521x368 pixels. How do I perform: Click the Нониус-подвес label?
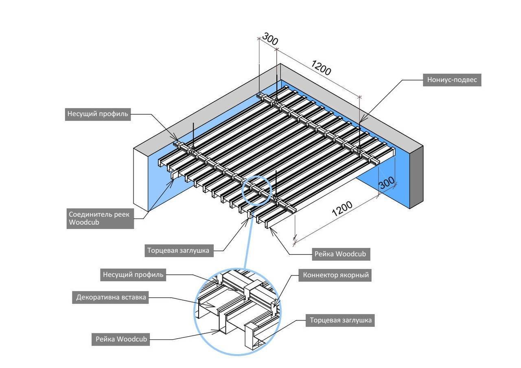(452, 80)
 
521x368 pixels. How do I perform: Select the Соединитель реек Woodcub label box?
(100, 219)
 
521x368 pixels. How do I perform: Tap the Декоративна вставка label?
(111, 297)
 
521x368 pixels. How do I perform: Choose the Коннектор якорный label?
(336, 275)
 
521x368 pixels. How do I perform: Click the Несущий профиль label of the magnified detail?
(133, 275)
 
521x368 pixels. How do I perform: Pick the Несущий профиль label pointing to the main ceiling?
(98, 114)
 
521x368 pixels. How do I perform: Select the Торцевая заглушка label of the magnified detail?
(340, 320)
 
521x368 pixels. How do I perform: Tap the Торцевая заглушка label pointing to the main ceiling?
(179, 250)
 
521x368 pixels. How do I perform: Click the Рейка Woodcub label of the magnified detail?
(121, 339)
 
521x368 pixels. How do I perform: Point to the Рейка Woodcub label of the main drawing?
(340, 254)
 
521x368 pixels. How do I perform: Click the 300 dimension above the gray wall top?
(270, 39)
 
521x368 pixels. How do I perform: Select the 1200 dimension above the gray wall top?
(321, 68)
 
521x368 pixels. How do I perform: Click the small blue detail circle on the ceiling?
(257, 189)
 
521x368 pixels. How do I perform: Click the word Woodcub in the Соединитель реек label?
(84, 223)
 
